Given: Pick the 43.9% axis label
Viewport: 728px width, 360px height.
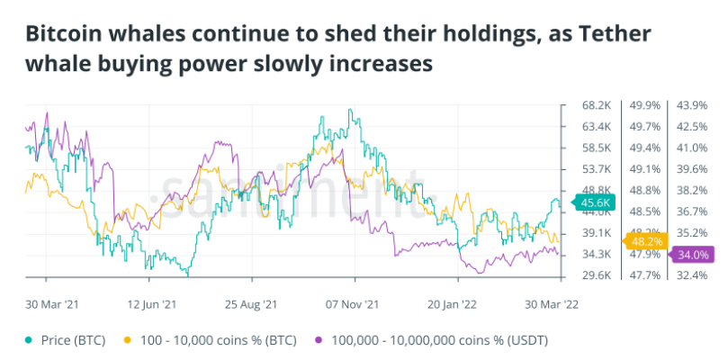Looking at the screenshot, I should pyautogui.click(x=694, y=105).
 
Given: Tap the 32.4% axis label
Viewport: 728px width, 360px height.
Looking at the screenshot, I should pyautogui.click(x=694, y=275).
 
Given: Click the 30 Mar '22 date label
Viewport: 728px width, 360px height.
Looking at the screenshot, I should pyautogui.click(x=549, y=304).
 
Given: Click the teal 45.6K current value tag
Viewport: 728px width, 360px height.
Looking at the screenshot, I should pyautogui.click(x=595, y=203).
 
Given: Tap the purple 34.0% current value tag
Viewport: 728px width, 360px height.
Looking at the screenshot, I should pyautogui.click(x=695, y=255).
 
